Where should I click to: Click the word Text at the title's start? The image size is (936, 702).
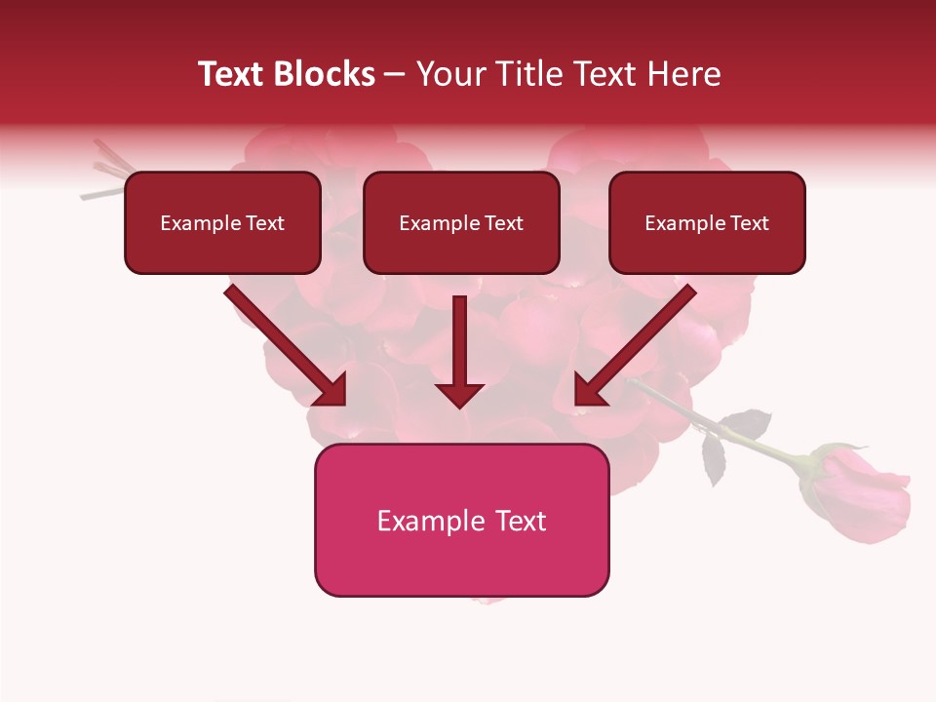point(231,74)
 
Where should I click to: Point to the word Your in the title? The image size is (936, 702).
point(449,74)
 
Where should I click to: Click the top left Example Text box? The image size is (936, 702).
point(222,223)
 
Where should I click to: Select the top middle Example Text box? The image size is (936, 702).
point(461,223)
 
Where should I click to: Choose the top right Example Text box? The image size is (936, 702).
point(707,223)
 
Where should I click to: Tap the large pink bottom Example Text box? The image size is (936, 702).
point(461,521)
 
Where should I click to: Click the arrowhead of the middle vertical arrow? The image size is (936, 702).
point(459,394)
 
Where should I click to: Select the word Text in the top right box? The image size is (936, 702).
point(749,223)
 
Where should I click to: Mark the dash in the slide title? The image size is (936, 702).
point(395,74)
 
